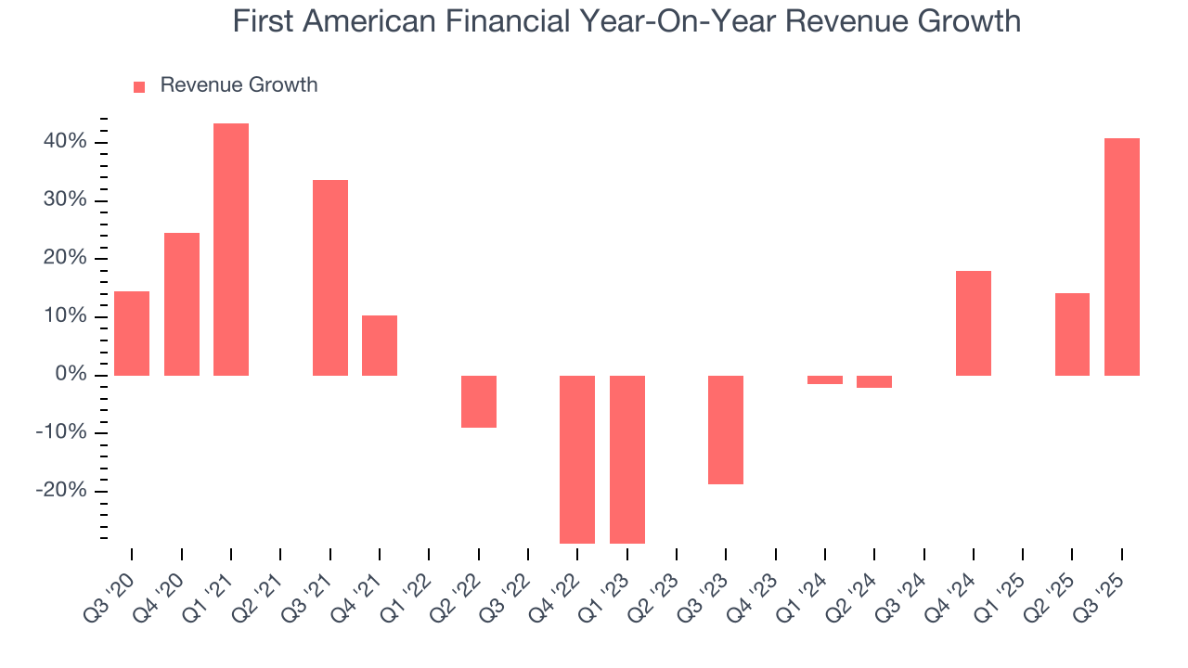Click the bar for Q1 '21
(x=231, y=250)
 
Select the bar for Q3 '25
(x=1122, y=257)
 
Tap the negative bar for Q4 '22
(x=577, y=459)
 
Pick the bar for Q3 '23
(x=726, y=430)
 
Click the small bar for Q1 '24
(x=825, y=379)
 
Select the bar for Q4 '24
(x=974, y=323)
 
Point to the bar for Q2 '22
(x=479, y=401)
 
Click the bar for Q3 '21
(x=330, y=277)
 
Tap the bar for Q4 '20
(x=182, y=303)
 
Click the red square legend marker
(x=139, y=86)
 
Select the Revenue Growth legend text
(x=239, y=85)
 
